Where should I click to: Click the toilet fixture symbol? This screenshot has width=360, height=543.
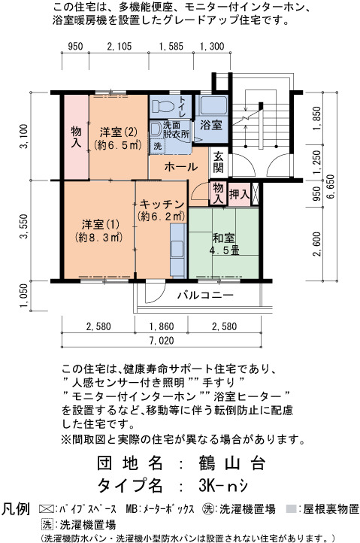tap(163, 106)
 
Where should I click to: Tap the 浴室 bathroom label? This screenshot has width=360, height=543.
tap(211, 125)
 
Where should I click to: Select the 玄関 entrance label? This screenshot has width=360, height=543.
tap(218, 162)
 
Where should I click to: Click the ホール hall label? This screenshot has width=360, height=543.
tap(180, 167)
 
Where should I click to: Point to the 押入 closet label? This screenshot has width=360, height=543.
tap(239, 194)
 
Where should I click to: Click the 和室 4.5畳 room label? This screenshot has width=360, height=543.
tap(225, 244)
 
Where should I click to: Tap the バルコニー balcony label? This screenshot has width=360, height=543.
tap(205, 296)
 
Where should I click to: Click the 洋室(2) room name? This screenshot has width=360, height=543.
tap(119, 132)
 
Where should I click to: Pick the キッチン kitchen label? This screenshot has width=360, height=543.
tap(162, 205)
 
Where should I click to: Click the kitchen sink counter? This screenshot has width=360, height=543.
tap(179, 250)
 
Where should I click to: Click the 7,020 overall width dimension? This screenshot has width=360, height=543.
tap(162, 341)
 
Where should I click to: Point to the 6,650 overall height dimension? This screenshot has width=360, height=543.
tap(330, 187)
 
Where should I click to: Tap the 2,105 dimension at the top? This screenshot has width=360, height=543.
tap(119, 47)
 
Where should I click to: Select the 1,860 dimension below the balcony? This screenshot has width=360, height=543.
tap(162, 326)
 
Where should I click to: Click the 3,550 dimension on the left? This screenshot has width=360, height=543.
tap(24, 226)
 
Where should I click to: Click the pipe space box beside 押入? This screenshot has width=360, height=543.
tap(255, 194)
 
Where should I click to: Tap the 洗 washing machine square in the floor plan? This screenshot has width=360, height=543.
tap(158, 146)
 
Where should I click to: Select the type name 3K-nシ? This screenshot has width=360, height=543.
tap(223, 486)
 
